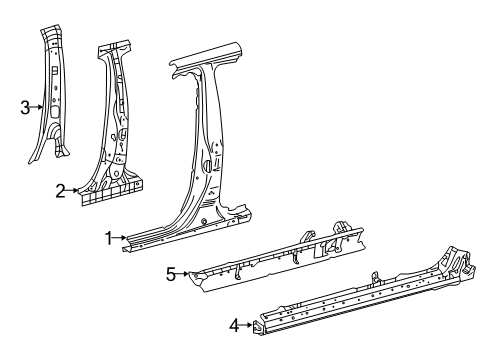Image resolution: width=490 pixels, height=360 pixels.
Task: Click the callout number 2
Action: point(60,189)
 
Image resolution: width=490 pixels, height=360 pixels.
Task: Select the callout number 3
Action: point(25,108)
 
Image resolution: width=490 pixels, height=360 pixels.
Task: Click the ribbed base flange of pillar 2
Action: point(110,189)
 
